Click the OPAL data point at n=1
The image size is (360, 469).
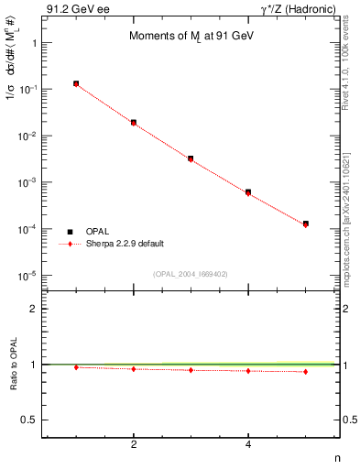pyautogui.click(x=76, y=83)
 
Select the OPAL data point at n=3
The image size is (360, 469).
pyautogui.click(x=191, y=158)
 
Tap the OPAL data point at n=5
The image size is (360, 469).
pyautogui.click(x=305, y=224)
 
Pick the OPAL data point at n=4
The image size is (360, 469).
pyautogui.click(x=248, y=191)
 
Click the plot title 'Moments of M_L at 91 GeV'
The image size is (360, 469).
pyautogui.click(x=190, y=34)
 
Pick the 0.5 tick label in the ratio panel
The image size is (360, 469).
pyautogui.click(x=27, y=420)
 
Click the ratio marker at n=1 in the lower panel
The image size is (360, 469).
pyautogui.click(x=76, y=367)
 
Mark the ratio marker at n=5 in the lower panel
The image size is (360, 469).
pyautogui.click(x=305, y=371)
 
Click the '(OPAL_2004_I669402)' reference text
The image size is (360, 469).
pyautogui.click(x=190, y=274)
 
